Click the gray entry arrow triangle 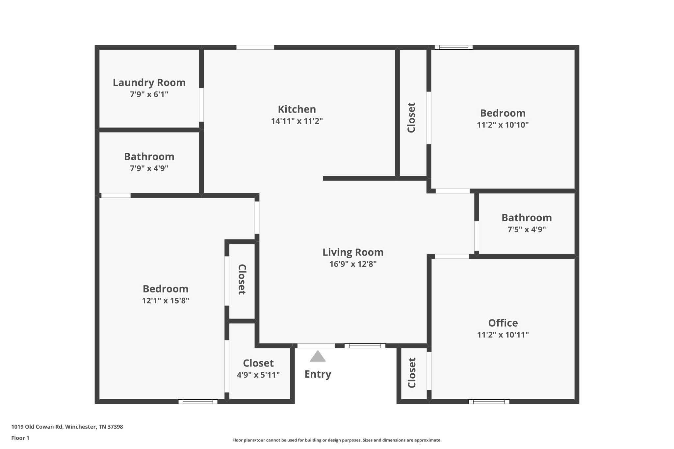[318, 357]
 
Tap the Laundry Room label [149, 83]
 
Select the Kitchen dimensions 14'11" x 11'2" [297, 121]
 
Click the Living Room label [353, 252]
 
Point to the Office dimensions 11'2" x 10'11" [503, 335]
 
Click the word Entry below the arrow [318, 374]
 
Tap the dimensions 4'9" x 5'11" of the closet [258, 375]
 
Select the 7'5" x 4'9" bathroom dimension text [527, 229]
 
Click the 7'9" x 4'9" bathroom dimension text [149, 168]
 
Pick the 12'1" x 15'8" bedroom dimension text [166, 301]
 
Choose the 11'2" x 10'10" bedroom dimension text [503, 125]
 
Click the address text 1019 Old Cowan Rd [37, 427]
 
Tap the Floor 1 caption [20, 438]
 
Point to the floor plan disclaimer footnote [337, 440]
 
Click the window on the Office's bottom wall [489, 402]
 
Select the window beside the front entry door [365, 346]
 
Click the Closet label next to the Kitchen [411, 117]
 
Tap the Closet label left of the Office [412, 373]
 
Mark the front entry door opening [316, 346]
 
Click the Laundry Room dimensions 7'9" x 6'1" [149, 94]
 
